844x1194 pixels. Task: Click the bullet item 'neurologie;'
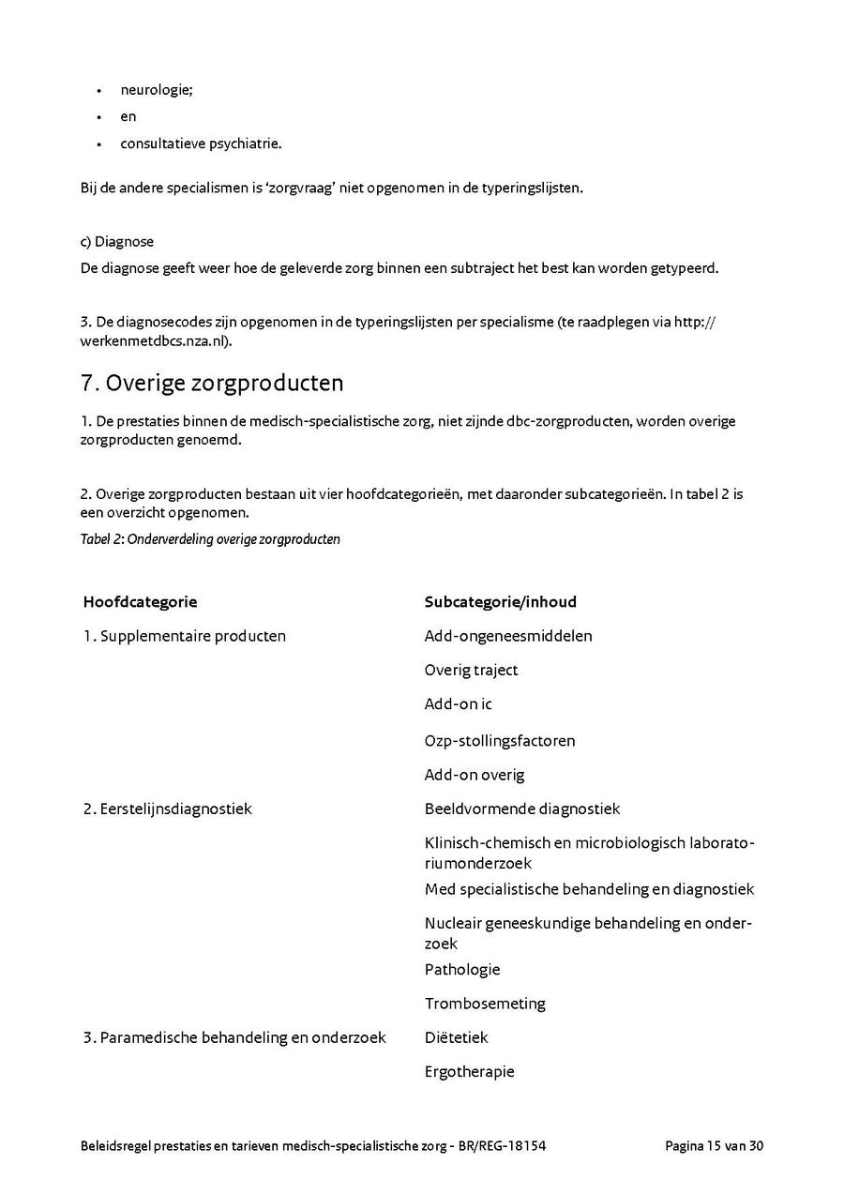[157, 90]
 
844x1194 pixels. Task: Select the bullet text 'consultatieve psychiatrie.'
[201, 144]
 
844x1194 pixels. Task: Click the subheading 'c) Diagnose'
[117, 242]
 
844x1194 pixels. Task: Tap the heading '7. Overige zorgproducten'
[212, 383]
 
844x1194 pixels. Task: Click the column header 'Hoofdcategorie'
[140, 602]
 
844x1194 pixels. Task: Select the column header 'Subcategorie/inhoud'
[500, 602]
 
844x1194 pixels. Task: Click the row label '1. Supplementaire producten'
[184, 636]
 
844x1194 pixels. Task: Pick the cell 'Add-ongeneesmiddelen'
[507, 636]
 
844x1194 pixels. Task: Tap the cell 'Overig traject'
[471, 670]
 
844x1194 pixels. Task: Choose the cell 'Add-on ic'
[458, 703]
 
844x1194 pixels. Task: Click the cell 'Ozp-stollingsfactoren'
[499, 740]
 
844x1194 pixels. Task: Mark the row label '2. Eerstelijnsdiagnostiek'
[167, 809]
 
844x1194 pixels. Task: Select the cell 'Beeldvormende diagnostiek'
[521, 809]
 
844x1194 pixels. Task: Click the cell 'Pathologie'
[462, 969]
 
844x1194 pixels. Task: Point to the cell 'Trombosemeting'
[484, 1004]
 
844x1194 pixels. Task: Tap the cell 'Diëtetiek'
[456, 1037]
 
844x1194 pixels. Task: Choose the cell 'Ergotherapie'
[469, 1071]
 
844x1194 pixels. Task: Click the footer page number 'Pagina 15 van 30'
[714, 1145]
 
